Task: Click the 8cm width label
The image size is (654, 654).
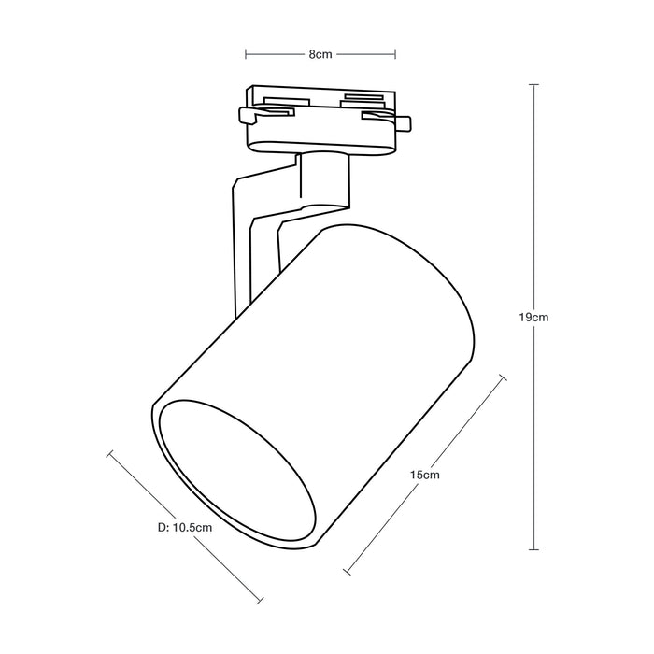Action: click(320, 54)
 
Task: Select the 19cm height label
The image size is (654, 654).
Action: click(534, 317)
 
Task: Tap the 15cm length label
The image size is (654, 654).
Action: click(425, 475)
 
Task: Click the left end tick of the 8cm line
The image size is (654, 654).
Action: click(246, 54)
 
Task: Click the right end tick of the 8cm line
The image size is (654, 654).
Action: click(393, 54)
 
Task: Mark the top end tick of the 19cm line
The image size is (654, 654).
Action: click(534, 85)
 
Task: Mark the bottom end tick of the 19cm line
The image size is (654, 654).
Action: click(534, 550)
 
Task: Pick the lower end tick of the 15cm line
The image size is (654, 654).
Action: click(347, 571)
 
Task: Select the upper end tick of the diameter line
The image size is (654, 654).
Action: click(111, 454)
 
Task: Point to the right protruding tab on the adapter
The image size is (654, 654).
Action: click(404, 122)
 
